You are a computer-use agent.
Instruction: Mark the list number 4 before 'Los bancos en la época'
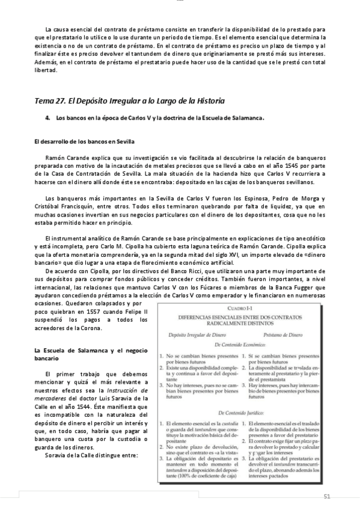47,118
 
